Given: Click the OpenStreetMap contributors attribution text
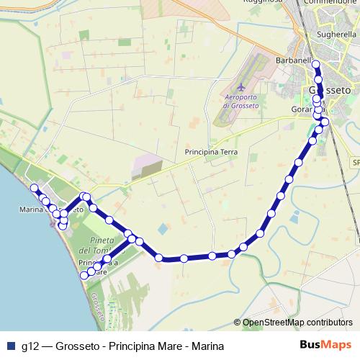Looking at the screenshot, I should click(x=297, y=323).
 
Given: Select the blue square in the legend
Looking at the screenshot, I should click(x=10, y=346).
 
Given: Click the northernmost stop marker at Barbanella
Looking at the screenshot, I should click(x=315, y=65).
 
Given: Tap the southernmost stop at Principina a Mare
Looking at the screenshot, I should click(x=84, y=275).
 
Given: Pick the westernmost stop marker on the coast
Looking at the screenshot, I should click(x=33, y=188).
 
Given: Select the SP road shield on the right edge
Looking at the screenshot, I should click(x=355, y=163).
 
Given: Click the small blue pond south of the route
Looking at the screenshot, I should click(x=161, y=230).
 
